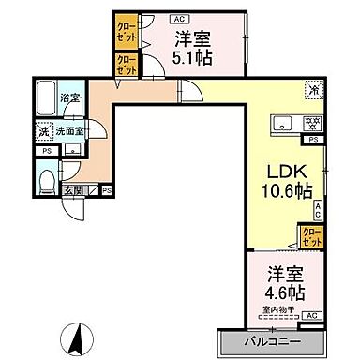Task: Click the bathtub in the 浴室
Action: coord(44,95)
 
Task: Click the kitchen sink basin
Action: coord(283,122)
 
